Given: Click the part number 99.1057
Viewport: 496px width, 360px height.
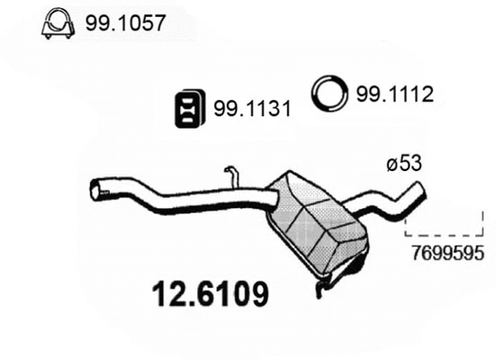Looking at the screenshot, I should pos(126,23).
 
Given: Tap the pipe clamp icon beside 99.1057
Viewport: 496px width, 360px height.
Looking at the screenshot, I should pos(58,24).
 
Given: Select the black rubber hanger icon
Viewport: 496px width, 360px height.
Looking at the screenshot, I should pos(187,108).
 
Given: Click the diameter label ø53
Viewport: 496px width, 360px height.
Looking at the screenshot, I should pos(404,165).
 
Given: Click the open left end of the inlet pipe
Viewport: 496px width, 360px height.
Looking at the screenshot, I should pos(95,190).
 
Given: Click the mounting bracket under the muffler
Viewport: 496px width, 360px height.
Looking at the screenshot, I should pos(325,283).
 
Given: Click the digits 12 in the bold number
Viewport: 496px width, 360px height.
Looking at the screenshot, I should pos(165,292).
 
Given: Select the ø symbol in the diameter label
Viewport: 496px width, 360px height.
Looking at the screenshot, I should pos(392,165).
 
